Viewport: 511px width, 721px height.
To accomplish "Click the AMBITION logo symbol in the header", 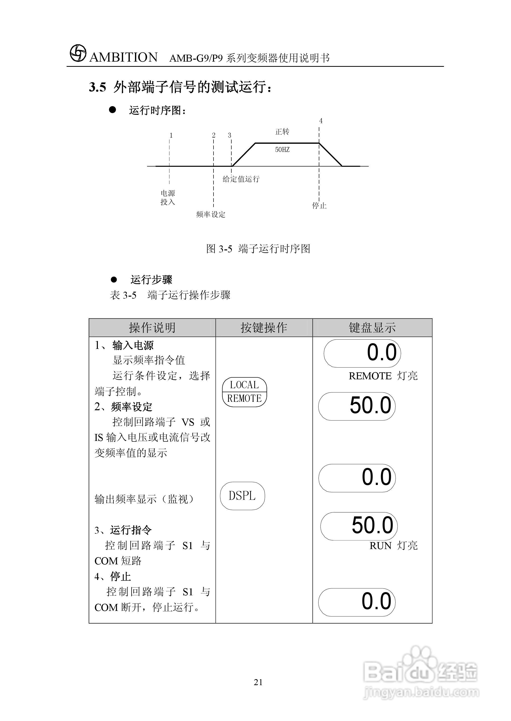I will pyautogui.click(x=78, y=53).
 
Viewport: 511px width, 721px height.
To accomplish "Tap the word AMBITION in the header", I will pyautogui.click(x=123, y=57).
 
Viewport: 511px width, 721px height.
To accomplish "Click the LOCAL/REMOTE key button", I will pyautogui.click(x=244, y=392).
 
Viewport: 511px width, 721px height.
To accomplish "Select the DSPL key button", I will pyautogui.click(x=242, y=496).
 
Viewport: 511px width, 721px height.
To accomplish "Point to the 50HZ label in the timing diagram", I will pyautogui.click(x=282, y=150).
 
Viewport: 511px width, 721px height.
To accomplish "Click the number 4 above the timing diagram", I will pyautogui.click(x=321, y=121).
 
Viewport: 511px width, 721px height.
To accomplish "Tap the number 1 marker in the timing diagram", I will pyautogui.click(x=171, y=135).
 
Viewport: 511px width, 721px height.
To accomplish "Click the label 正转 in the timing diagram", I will pyautogui.click(x=282, y=132).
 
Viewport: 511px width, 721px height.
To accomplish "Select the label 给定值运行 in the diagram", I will pyautogui.click(x=241, y=179).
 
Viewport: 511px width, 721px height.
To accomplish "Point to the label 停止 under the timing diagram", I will pyautogui.click(x=319, y=206).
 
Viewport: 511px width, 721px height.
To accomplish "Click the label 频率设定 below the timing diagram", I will pyautogui.click(x=211, y=214).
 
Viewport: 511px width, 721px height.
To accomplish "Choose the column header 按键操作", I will pyautogui.click(x=264, y=328).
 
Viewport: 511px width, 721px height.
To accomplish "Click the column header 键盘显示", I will pyautogui.click(x=372, y=328).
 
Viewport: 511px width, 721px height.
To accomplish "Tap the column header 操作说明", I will pyautogui.click(x=152, y=328).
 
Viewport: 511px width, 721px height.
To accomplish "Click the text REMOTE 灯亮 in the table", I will pyautogui.click(x=383, y=376).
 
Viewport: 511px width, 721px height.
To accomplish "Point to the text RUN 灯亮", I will pyautogui.click(x=393, y=546).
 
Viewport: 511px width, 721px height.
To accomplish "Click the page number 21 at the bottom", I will pyautogui.click(x=258, y=682).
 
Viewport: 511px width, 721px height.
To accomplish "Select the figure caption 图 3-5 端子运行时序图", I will pyautogui.click(x=258, y=249).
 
